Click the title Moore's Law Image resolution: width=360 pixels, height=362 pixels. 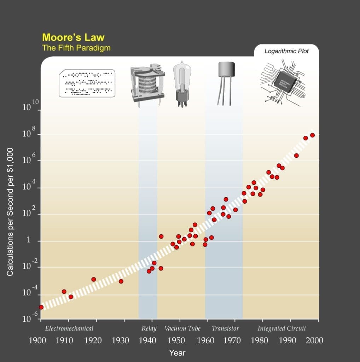tap(73, 37)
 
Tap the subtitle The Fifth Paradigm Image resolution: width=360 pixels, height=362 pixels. tap(76, 48)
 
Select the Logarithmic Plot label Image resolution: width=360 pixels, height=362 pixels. tap(286, 51)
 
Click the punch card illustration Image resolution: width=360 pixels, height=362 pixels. tap(87, 83)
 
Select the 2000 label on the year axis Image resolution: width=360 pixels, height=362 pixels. tap(314, 340)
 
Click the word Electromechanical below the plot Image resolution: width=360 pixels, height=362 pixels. tap(69, 328)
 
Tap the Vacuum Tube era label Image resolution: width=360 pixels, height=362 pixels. tap(182, 328)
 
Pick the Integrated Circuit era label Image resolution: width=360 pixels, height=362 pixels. tap(281, 328)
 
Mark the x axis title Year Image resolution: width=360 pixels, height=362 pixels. tap(177, 352)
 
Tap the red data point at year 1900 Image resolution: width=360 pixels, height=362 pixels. tap(41, 307)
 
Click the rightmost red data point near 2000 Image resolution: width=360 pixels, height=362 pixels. tap(312, 135)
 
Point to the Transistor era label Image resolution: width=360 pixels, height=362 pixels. tap(225, 328)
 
